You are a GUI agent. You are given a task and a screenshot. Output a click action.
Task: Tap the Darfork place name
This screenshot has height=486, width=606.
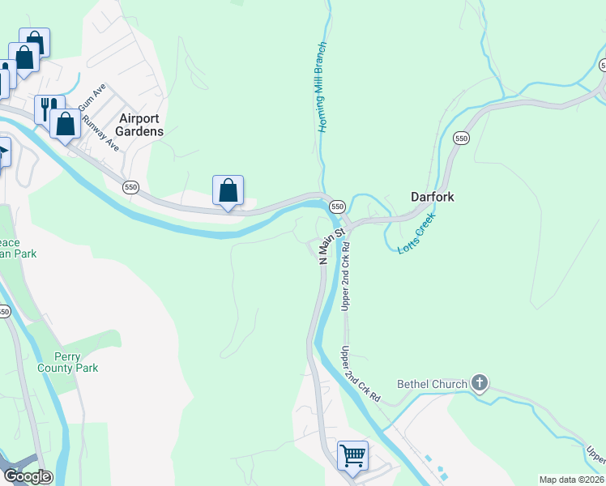coord(432,197)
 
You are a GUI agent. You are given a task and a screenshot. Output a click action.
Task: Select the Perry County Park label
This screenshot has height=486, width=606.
coord(68,362)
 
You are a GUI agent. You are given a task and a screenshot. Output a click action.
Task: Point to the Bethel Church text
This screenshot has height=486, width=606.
coord(432,384)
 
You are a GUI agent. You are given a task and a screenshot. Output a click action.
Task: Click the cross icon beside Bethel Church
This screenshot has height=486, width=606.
coord(480,382)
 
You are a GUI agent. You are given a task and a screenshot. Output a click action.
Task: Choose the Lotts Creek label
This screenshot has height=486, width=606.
coord(417,234)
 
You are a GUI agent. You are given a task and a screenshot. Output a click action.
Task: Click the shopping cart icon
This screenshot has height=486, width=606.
coord(352,455)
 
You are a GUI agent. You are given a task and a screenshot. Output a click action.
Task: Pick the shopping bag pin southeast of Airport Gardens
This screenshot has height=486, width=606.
coord(228,191)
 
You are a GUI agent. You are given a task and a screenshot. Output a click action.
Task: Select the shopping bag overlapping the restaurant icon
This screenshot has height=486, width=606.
coord(66,124)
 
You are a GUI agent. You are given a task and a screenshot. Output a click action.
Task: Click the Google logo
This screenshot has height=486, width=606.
coord(27,476)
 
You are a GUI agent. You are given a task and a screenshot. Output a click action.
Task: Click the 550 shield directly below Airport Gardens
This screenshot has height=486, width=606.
coord(130,187)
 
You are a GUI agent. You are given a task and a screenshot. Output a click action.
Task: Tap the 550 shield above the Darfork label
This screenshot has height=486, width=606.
coord(461,139)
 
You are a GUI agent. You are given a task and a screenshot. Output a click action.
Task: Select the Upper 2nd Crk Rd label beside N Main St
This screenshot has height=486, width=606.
coord(346,276)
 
